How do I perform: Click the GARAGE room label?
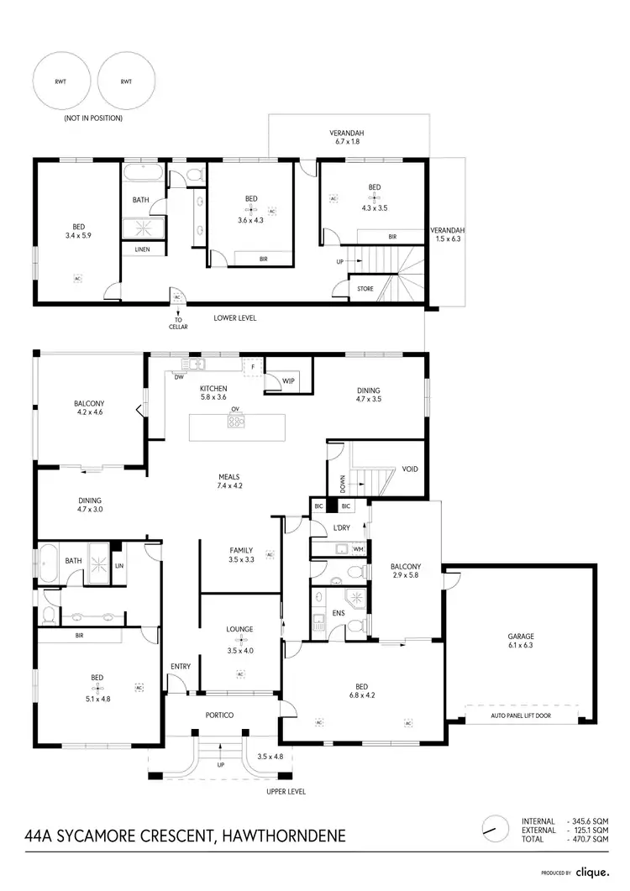click(520, 637)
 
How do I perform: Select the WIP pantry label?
click(289, 381)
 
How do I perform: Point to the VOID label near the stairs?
click(410, 469)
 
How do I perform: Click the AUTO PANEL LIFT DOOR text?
click(521, 718)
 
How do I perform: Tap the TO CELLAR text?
click(177, 322)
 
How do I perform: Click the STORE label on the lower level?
click(365, 288)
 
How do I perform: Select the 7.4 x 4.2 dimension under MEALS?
click(229, 486)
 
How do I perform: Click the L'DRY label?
click(341, 527)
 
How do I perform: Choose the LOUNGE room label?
click(239, 629)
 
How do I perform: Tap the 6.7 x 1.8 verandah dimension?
click(347, 144)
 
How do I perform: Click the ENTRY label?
click(181, 667)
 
